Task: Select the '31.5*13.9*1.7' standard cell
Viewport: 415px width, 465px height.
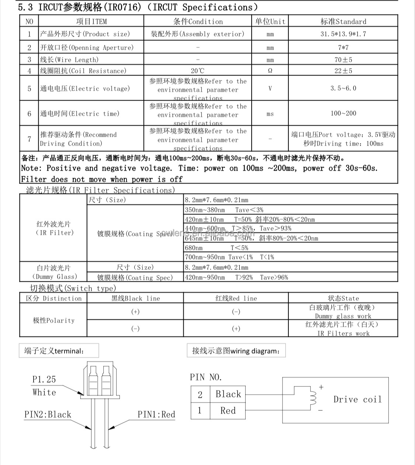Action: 343,34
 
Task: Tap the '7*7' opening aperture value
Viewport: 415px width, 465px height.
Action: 343,48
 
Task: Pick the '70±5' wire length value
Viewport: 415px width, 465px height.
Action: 343,60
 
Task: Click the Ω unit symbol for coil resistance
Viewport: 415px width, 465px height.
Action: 270,71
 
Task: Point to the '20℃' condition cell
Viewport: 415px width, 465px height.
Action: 198,71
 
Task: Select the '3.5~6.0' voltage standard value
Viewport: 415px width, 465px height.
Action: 343,89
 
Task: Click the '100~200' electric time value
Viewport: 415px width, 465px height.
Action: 343,114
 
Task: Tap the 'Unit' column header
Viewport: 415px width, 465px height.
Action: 270,21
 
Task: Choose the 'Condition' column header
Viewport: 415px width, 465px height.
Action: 198,21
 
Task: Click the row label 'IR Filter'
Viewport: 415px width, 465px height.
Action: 53,229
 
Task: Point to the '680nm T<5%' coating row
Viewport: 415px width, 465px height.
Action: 217,248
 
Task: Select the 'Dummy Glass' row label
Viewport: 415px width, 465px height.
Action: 53,272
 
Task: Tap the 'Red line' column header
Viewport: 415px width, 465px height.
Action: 236,298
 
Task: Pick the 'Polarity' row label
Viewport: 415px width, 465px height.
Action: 53,320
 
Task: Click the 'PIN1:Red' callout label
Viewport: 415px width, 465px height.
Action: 156,414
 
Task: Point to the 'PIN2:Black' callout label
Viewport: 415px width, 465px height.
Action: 48,414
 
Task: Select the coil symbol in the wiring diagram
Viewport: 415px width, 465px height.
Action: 313,398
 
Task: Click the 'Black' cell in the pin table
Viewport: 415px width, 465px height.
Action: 228,394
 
